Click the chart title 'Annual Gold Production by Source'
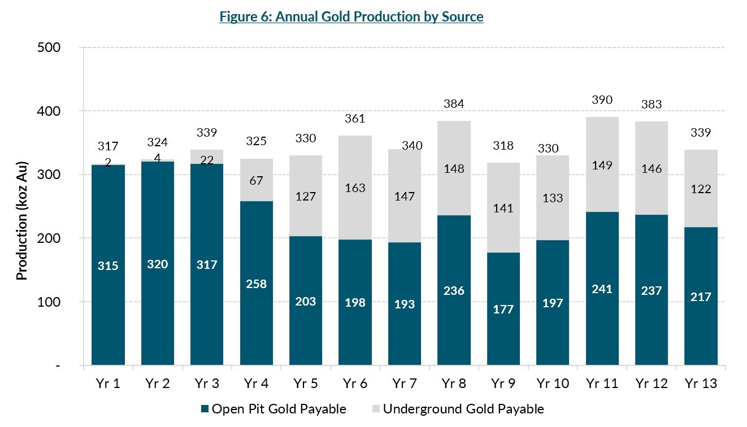[x=351, y=17]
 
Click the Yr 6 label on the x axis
[x=355, y=384]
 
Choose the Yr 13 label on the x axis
[x=700, y=384]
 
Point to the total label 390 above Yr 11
[x=602, y=100]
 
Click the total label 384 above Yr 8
[x=454, y=104]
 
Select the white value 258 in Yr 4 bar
[x=256, y=284]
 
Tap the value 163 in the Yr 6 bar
[x=355, y=190]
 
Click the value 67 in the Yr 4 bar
[x=256, y=180]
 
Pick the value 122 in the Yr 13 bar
[x=700, y=189]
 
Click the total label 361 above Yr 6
[x=355, y=119]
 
